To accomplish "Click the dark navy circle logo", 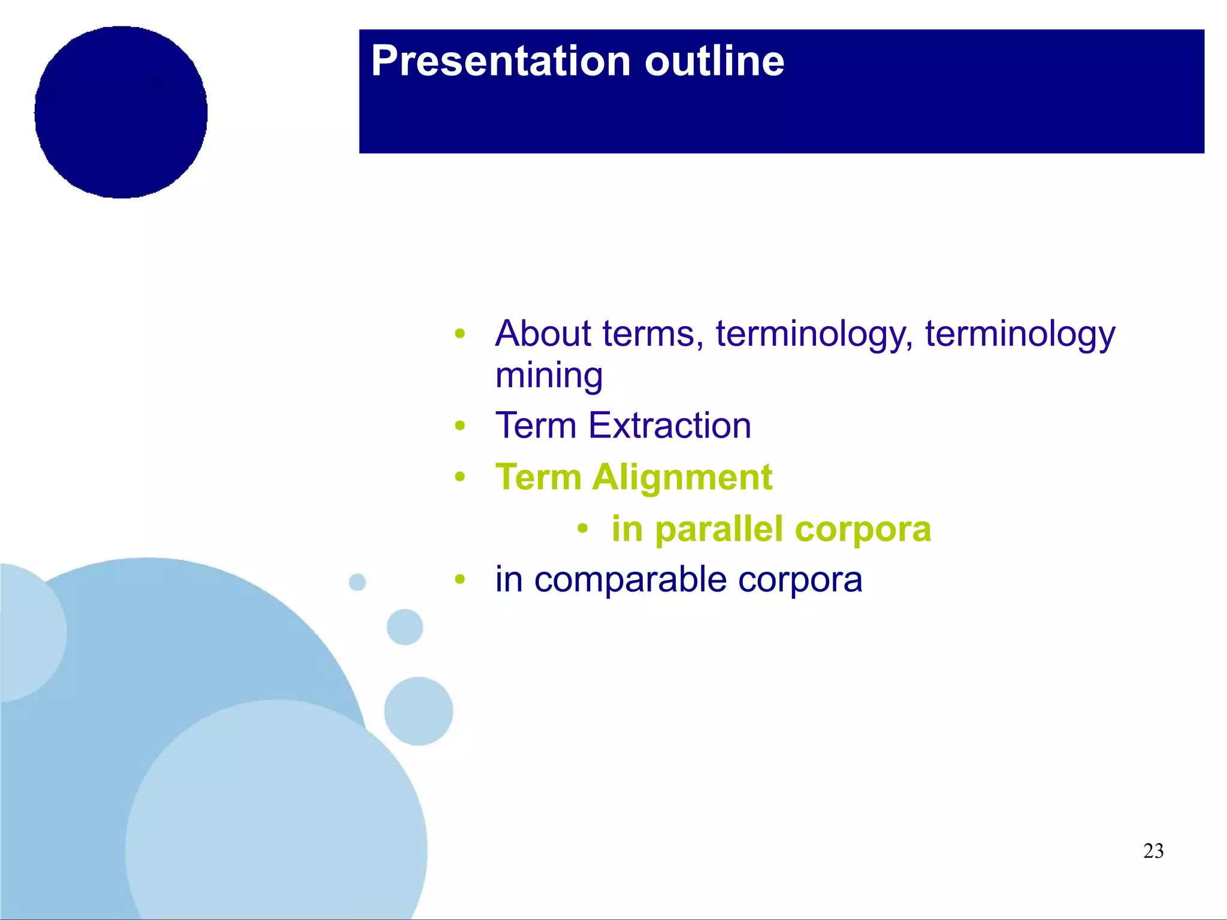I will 121,112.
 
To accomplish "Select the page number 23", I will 1153,851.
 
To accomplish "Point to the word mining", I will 549,376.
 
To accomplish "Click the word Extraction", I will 669,426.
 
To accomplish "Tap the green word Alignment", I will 682,478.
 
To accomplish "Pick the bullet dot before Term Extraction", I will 460,426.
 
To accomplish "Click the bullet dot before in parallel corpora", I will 582,529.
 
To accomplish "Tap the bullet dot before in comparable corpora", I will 460,579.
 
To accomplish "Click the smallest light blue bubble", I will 357,582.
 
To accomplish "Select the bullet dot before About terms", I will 460,333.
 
